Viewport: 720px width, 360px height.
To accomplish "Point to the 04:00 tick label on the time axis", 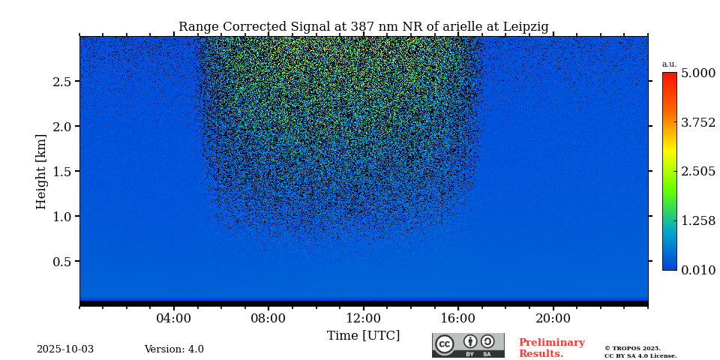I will tap(174, 318).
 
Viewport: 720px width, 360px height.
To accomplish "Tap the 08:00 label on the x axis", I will tap(268, 318).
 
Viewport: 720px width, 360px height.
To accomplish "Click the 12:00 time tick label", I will tap(363, 318).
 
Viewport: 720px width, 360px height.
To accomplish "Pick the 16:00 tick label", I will tap(458, 318).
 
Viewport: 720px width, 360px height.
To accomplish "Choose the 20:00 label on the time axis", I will tap(553, 318).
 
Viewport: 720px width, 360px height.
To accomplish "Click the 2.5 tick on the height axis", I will tap(61, 82).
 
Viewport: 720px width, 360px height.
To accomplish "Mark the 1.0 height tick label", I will tap(61, 217).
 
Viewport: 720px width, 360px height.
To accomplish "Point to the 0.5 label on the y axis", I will tap(61, 262).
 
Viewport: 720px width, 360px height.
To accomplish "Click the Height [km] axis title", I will tap(41, 171).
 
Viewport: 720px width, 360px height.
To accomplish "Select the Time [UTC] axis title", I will tap(363, 336).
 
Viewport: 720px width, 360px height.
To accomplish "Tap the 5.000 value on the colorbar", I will tap(697, 73).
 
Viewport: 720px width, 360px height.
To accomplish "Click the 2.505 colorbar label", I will tap(697, 172).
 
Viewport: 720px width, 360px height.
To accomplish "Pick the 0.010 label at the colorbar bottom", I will tap(697, 270).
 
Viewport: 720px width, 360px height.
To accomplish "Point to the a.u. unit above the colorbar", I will tap(669, 64).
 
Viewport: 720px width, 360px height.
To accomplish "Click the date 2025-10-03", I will tap(65, 349).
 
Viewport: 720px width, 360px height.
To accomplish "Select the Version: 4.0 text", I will tap(174, 349).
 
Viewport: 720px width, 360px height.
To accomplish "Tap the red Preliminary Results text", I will tap(551, 348).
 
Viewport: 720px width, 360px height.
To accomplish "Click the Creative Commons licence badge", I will tap(468, 345).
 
